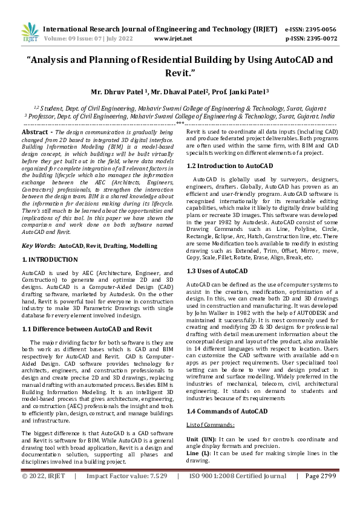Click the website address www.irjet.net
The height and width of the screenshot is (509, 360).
173,38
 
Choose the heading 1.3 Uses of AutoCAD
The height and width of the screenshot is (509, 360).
217,271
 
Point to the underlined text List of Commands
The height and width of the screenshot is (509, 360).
209,426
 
